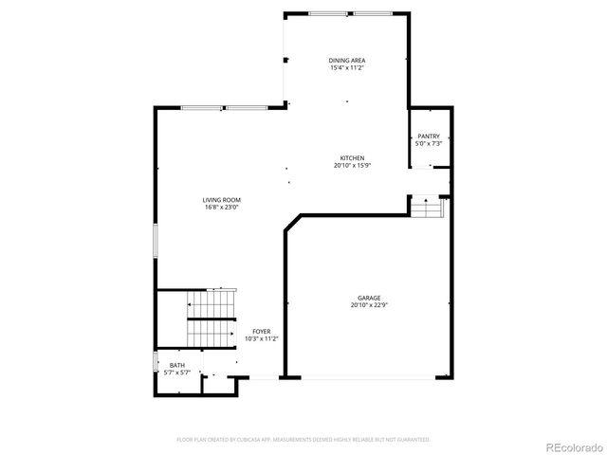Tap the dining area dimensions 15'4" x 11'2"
pos(347,68)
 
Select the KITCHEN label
pos(353,158)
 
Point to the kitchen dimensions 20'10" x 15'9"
pos(353,166)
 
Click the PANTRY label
pos(429,136)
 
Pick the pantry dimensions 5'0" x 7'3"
pos(429,144)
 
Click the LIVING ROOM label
pos(221,200)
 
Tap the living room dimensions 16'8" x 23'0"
pos(221,208)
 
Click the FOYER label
pos(261,331)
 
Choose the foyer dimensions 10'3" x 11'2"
pos(261,338)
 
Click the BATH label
pos(177,365)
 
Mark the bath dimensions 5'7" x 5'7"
pos(177,373)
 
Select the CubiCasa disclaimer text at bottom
pos(303,440)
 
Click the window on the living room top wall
pos(225,108)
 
